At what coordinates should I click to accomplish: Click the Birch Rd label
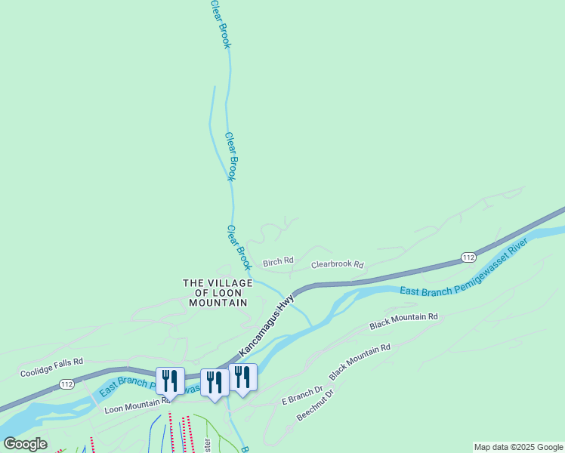click(x=277, y=263)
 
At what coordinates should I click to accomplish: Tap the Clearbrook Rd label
click(x=338, y=266)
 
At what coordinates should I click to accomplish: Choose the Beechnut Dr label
click(x=315, y=405)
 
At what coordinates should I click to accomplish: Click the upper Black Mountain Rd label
click(x=403, y=322)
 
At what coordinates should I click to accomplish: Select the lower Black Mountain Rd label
click(x=360, y=362)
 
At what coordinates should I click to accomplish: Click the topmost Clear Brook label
click(x=220, y=23)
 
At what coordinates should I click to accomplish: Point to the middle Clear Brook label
click(x=232, y=156)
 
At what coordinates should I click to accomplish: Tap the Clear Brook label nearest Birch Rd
click(x=239, y=248)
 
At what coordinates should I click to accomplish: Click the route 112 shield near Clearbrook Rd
click(x=468, y=257)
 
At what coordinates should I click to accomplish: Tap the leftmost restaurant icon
click(x=170, y=381)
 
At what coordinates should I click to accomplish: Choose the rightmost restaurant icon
click(x=242, y=377)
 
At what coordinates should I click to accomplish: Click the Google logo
click(x=25, y=444)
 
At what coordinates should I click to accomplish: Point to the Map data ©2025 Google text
click(x=519, y=448)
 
